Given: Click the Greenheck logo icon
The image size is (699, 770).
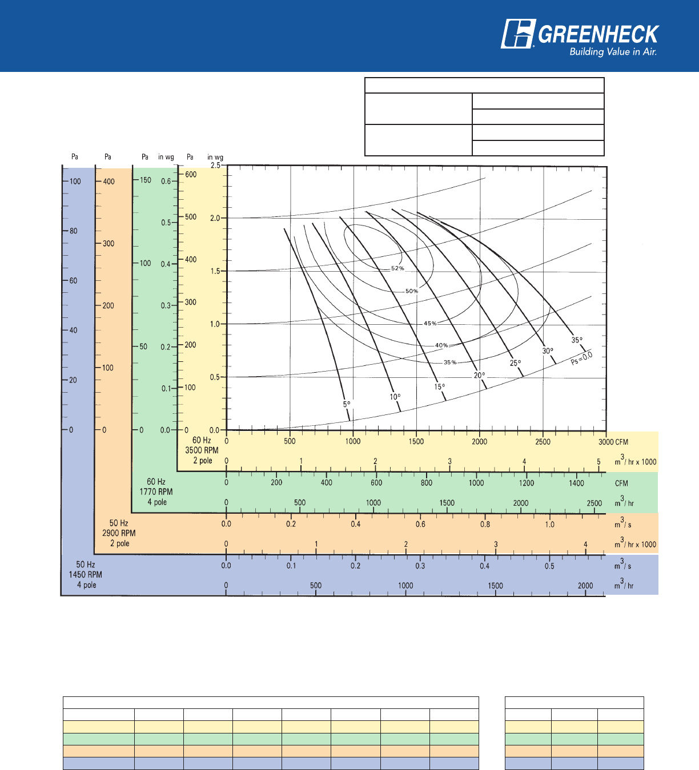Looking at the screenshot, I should click(518, 34).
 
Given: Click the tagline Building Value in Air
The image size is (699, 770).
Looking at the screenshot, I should click(613, 52).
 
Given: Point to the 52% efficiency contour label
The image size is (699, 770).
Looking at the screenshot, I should click(397, 268).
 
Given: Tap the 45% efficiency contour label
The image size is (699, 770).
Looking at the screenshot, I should click(430, 324).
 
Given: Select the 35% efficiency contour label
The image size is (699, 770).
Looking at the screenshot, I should click(450, 362).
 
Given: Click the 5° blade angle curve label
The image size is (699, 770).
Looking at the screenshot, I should click(347, 404).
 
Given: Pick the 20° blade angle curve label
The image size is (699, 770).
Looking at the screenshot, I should click(479, 376).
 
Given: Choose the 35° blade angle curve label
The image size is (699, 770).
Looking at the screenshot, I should click(577, 340).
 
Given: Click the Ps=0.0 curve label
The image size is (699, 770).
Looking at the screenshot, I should click(582, 358).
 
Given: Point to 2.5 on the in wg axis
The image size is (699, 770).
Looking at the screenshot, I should click(215, 166).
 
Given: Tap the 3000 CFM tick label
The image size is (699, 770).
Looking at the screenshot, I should click(613, 442).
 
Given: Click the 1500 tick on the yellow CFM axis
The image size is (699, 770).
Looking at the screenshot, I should click(416, 441).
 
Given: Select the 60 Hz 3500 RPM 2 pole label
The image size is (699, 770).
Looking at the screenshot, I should click(202, 450).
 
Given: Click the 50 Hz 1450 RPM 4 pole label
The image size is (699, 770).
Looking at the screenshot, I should click(86, 575).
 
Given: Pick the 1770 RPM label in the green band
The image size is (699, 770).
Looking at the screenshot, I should click(156, 492).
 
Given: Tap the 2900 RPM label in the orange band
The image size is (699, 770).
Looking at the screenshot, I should click(119, 533).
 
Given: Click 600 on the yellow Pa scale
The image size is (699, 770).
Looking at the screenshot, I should click(191, 175).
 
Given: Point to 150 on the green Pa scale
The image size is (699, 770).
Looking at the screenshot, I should click(146, 180).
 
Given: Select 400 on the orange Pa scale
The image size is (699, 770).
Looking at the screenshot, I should click(109, 182).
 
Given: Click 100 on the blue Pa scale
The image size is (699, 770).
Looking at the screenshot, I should click(75, 182).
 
